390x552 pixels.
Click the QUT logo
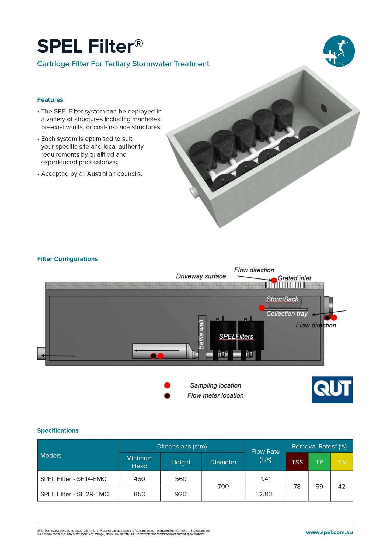coord(332,389)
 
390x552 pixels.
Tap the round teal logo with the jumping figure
coord(339,51)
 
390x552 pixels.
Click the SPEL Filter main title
coord(90,46)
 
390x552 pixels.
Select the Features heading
coord(50,100)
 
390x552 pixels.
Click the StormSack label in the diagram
coord(282,299)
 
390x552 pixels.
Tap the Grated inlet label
coord(294,278)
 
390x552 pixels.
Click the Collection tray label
coord(287,314)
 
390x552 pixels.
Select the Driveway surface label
coord(201,276)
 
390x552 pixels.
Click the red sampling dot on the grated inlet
coord(274,280)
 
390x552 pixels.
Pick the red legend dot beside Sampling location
coord(167,385)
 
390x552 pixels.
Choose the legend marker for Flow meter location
coord(167,396)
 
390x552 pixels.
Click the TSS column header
coord(297,462)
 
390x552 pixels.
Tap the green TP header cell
coord(319,462)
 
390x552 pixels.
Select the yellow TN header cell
coord(342,462)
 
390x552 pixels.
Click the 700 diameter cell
coord(223,486)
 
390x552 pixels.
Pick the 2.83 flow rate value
coord(265,494)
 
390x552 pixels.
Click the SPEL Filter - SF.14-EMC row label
coord(73,479)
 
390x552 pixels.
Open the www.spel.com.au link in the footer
coord(329,533)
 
